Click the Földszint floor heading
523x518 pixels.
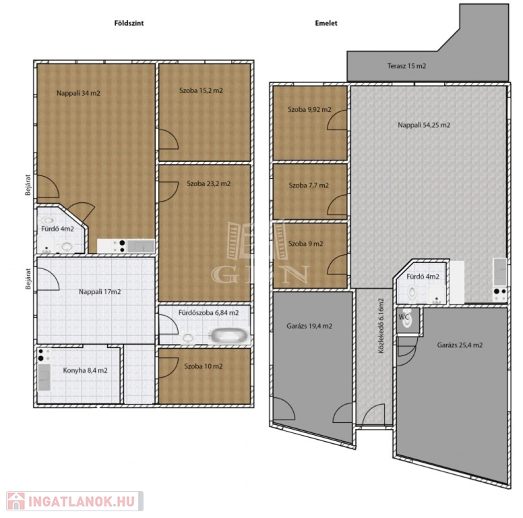[129, 23]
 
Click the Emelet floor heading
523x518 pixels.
[326, 23]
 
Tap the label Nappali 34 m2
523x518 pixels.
[78, 93]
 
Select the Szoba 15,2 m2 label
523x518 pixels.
[201, 90]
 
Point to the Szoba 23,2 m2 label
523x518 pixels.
[208, 183]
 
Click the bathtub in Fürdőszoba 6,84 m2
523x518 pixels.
[229, 335]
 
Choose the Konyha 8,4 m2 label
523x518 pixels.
[86, 370]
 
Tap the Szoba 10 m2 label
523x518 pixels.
[204, 366]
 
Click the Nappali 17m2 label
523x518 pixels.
[100, 291]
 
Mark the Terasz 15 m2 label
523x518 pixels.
[406, 65]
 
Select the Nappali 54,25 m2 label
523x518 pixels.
[424, 125]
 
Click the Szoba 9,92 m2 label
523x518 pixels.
[309, 109]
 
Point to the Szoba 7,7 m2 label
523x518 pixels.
[309, 185]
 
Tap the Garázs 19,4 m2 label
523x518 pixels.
[309, 326]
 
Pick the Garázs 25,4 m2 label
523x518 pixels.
[460, 345]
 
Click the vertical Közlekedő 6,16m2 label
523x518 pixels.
[381, 326]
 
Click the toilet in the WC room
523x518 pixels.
[406, 318]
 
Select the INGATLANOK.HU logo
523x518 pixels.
[75, 501]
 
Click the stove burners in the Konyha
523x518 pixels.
[41, 355]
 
